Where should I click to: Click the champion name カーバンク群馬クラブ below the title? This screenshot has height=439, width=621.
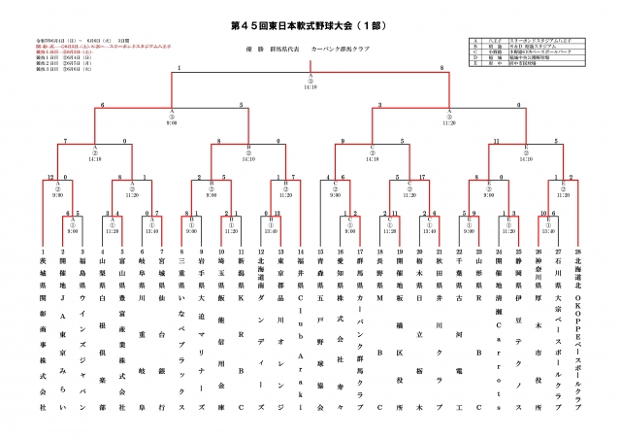(x=337, y=45)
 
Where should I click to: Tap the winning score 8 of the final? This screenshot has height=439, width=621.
(x=442, y=68)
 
